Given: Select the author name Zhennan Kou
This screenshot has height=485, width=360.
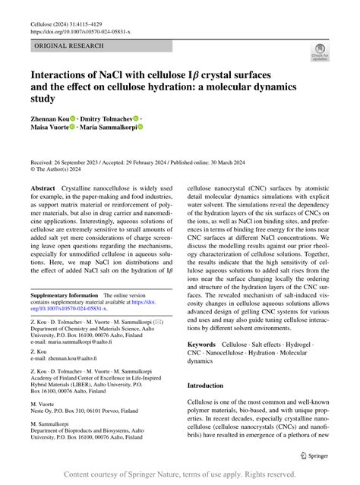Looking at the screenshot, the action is tap(50, 119).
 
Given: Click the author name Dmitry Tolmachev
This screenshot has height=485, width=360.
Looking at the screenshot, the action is tap(107, 119).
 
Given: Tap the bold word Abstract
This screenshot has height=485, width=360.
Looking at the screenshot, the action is tap(43, 187).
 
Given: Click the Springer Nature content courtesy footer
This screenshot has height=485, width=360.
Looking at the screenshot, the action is tap(180, 474).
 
